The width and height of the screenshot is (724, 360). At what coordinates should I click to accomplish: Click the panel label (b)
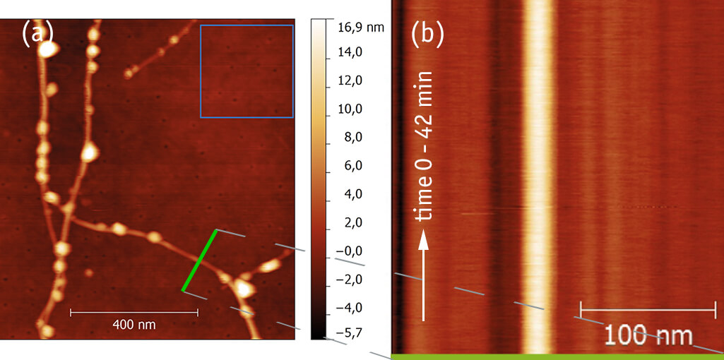pyautogui.click(x=427, y=34)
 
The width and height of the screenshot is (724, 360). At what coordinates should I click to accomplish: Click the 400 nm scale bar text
pyautogui.click(x=133, y=325)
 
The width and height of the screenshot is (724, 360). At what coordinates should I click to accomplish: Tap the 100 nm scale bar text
pyautogui.click(x=648, y=335)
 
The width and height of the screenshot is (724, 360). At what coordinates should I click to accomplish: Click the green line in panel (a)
pyautogui.click(x=200, y=260)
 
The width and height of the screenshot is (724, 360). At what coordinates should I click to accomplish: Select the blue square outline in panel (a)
pyautogui.click(x=247, y=25)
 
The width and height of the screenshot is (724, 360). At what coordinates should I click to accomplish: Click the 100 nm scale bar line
pyautogui.click(x=648, y=310)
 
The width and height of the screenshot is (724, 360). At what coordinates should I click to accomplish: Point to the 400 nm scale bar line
pyautogui.click(x=133, y=311)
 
